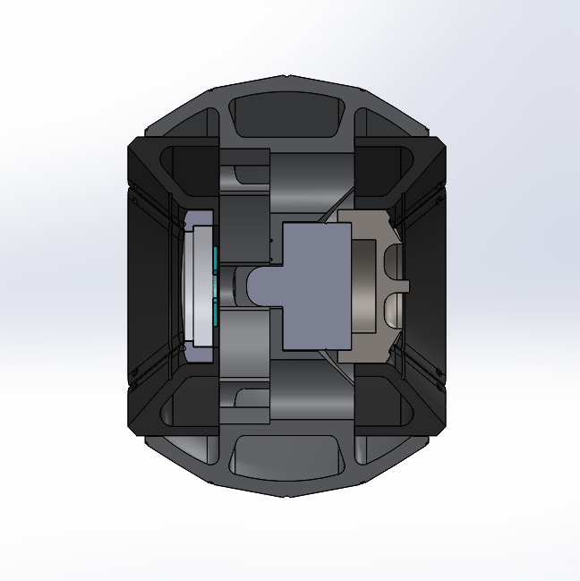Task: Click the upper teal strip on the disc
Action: pos(217,257)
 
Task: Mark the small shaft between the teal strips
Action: pos(235,286)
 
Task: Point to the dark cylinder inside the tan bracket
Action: pos(365,285)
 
